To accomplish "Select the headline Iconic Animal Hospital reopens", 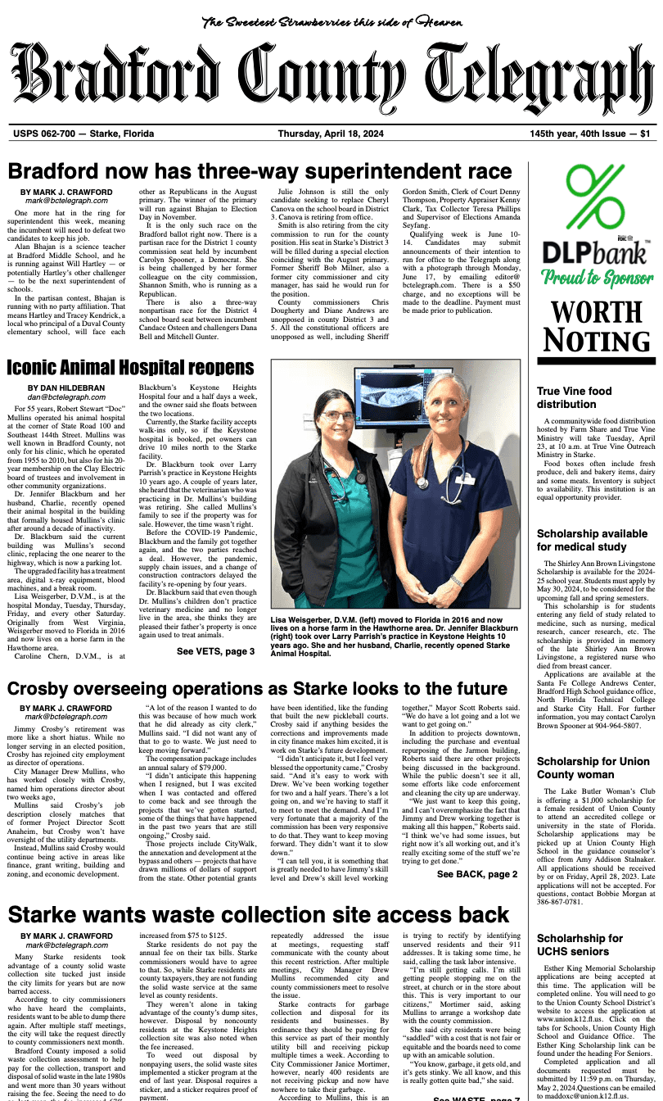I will [130, 367].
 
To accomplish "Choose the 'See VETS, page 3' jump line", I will [215, 651].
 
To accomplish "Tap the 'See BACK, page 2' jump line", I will [477, 875].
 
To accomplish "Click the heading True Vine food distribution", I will [574, 398].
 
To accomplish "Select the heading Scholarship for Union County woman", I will [582, 768].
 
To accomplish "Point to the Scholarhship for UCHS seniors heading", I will [580, 945].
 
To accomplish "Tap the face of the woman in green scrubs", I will [338, 424].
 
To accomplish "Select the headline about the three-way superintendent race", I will [260, 171].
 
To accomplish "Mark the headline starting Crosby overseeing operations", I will [258, 689].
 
